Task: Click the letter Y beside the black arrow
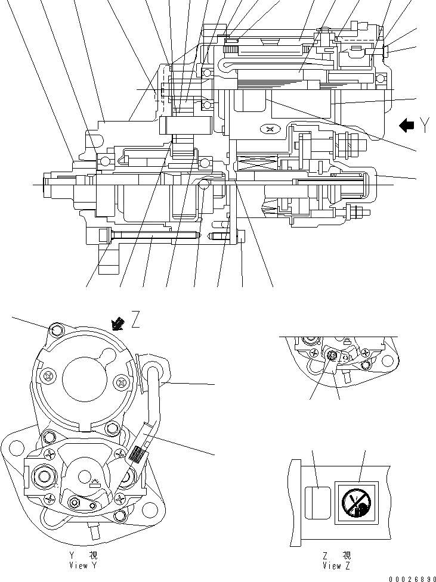424,125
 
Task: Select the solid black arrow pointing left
407,125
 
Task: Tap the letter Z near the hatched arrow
136,322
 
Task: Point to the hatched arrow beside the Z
119,323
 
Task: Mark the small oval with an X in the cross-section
270,129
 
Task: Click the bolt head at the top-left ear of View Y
56,329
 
